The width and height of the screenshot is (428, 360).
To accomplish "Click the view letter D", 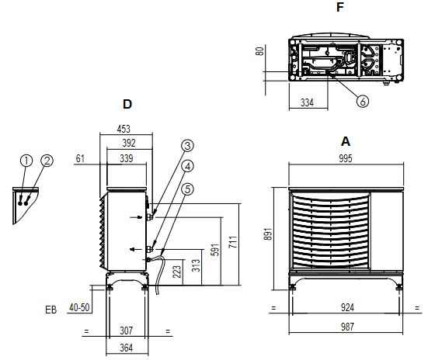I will point(127,103).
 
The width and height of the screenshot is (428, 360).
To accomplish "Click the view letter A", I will point(346,142).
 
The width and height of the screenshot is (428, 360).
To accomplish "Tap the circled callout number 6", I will point(362,101).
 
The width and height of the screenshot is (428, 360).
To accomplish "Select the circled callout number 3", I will point(187,145).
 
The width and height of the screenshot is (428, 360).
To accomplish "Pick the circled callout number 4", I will point(187,166).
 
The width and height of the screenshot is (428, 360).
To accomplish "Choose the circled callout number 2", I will point(47,161).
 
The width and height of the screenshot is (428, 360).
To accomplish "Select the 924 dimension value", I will point(346,307).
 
